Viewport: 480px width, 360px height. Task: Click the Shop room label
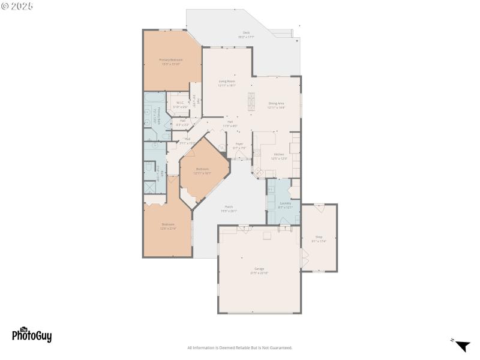[x=319, y=238]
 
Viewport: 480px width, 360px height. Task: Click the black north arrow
[x=462, y=346]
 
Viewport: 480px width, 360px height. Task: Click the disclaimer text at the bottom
[x=240, y=348]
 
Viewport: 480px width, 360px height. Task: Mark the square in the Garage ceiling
[x=268, y=235]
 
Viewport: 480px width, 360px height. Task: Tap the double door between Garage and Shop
[x=304, y=259]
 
